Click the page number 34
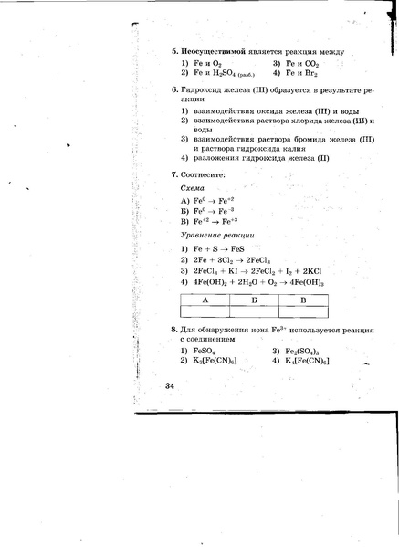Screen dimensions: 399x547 click(170, 386)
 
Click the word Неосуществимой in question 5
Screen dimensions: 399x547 click(214, 51)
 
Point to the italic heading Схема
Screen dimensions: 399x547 click(194, 187)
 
